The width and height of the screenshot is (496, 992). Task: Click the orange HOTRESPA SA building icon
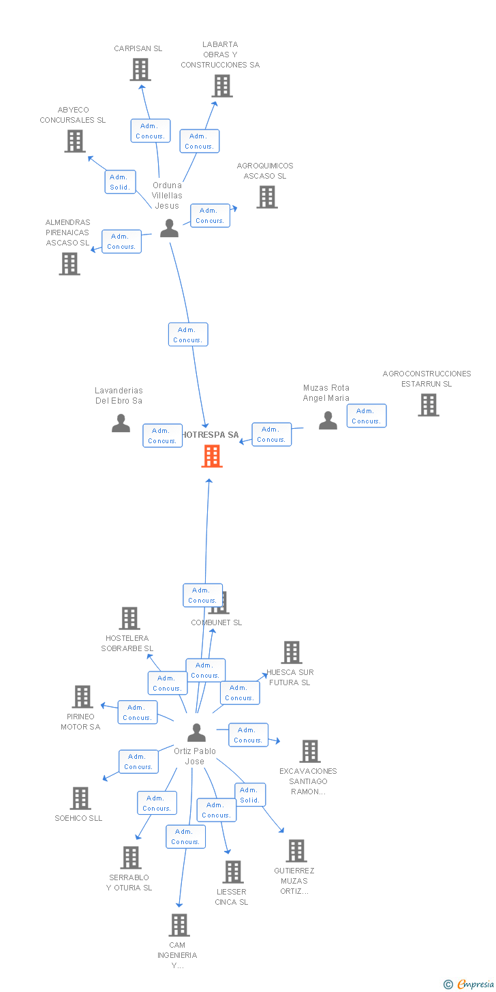(x=212, y=456)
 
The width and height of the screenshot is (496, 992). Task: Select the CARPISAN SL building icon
(x=140, y=70)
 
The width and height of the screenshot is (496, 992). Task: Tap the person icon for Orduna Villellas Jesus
(x=169, y=228)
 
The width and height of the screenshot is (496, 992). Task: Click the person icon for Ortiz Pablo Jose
(x=196, y=733)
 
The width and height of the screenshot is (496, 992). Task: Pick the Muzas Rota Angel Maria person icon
(x=328, y=421)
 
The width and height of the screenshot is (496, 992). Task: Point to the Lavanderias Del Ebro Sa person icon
(x=121, y=423)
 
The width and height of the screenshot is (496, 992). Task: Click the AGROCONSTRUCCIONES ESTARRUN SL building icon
(x=428, y=405)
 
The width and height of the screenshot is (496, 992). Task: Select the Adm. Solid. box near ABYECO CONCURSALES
(x=120, y=182)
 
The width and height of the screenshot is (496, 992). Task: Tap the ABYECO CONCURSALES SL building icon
(x=74, y=140)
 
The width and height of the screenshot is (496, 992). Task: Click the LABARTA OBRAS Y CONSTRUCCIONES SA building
(x=222, y=86)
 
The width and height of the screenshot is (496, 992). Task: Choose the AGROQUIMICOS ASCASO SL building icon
(x=266, y=197)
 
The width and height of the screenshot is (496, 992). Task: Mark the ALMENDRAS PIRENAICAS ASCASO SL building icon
(x=69, y=264)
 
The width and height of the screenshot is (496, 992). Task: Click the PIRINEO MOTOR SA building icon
(x=82, y=697)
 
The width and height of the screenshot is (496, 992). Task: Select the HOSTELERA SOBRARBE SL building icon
(x=129, y=618)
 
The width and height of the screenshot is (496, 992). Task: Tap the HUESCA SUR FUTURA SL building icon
(x=292, y=652)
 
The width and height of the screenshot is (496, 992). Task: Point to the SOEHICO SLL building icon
(x=80, y=798)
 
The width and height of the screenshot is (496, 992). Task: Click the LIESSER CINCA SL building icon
(x=233, y=872)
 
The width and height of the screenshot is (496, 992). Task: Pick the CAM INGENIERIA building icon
(x=179, y=925)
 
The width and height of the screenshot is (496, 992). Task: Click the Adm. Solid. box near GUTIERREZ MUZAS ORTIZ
(x=250, y=795)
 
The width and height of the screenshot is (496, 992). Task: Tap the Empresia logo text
(x=474, y=984)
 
